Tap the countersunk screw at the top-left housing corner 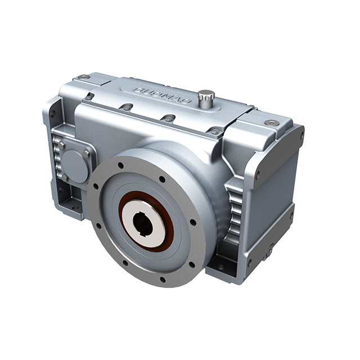(x=83, y=77)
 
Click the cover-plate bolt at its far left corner (x=89, y=97)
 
